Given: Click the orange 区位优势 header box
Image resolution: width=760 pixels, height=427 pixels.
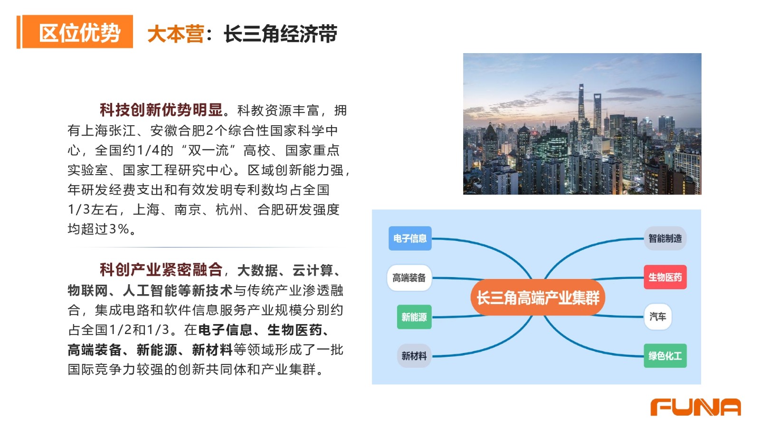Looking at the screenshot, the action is (77, 32).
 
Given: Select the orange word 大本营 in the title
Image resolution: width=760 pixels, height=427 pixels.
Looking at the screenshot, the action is (176, 34).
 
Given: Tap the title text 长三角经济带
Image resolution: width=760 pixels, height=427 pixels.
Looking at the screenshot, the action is (280, 34).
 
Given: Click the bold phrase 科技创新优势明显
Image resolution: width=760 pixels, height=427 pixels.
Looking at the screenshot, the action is (161, 110).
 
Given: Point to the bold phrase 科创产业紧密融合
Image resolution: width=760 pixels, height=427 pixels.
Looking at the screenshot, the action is (161, 270).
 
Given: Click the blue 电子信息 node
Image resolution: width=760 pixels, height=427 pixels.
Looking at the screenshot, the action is (410, 238).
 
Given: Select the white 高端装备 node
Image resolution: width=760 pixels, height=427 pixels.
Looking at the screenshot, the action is (409, 278).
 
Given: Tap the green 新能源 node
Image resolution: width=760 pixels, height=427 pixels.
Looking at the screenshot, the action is (414, 317).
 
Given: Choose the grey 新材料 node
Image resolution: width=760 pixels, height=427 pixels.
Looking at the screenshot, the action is (414, 356).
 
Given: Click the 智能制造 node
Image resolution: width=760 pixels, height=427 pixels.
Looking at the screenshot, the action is (665, 238).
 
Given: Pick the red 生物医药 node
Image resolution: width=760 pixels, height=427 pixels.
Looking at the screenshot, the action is (665, 277).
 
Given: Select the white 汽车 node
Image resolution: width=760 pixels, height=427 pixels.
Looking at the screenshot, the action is (657, 316).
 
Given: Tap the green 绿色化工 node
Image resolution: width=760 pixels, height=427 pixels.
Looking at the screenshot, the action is (665, 356).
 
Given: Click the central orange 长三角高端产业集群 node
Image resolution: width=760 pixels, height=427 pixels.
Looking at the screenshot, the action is (538, 297).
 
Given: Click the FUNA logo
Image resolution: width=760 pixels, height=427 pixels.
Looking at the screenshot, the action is (695, 407).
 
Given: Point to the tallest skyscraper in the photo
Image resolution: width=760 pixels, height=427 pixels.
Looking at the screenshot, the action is (581, 105).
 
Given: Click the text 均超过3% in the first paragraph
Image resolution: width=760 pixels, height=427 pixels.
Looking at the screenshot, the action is (98, 229).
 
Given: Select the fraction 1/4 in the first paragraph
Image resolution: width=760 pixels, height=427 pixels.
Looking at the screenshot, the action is (148, 150).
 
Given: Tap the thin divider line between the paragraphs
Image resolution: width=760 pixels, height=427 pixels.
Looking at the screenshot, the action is (207, 247).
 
